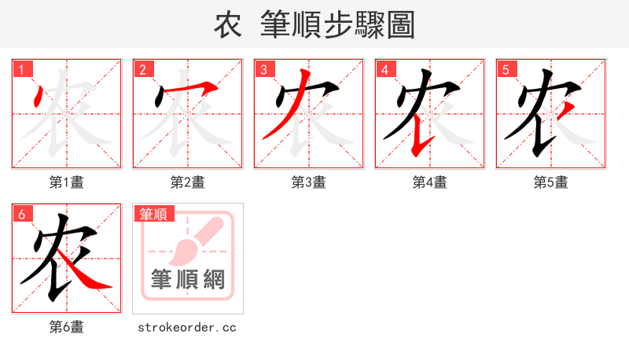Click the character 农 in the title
pyautogui.click(x=228, y=25)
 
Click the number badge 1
pyautogui.click(x=21, y=69)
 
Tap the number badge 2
pyautogui.click(x=142, y=69)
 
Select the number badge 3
pyautogui.click(x=263, y=69)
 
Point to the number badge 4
pyautogui.click(x=384, y=69)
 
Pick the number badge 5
pyautogui.click(x=506, y=69)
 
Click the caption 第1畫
pyautogui.click(x=67, y=182)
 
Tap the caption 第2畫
pyautogui.click(x=188, y=182)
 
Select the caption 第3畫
pyautogui.click(x=309, y=182)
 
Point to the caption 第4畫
pyautogui.click(x=430, y=182)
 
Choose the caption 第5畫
pyautogui.click(x=551, y=182)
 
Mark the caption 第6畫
pyautogui.click(x=67, y=327)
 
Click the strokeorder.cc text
pyautogui.click(x=187, y=327)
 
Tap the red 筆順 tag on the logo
pyautogui.click(x=153, y=214)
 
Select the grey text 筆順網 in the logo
pyautogui.click(x=188, y=280)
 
